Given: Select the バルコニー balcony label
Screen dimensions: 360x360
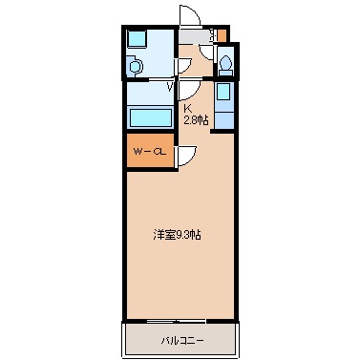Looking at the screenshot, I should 180,339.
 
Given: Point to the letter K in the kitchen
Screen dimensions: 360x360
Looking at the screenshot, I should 188,109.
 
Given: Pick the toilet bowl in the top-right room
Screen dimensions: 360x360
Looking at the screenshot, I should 224,65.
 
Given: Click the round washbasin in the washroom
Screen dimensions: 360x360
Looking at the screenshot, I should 135,66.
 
